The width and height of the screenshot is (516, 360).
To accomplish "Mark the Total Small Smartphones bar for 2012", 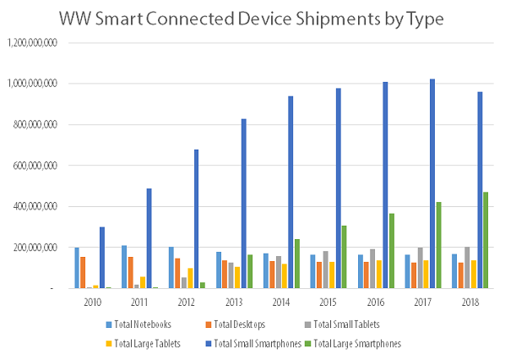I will coord(196,219).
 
